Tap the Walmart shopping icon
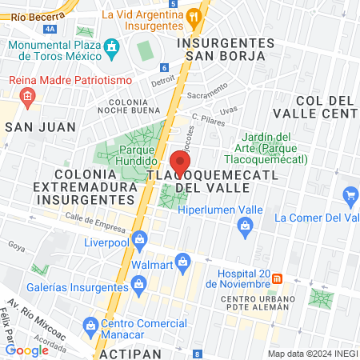[183, 261]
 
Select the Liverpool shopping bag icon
[140, 238]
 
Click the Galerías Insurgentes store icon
[138, 283]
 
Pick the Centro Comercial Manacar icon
[90, 325]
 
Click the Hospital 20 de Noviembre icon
[278, 278]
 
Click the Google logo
[27, 350]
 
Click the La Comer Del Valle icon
[350, 194]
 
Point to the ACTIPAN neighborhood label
[128, 353]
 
